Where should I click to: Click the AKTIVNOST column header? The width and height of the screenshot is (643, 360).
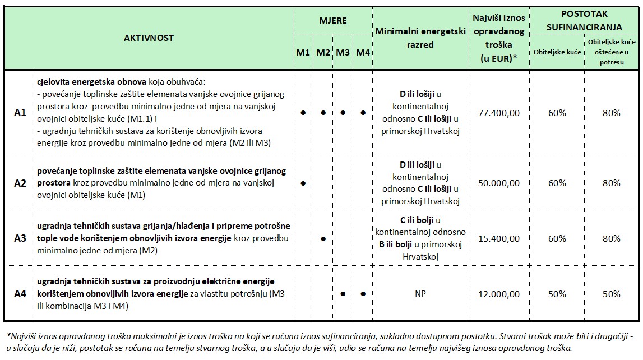[x=149, y=38]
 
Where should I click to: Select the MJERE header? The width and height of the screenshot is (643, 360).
[x=333, y=21]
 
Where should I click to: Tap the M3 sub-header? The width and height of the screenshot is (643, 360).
[x=343, y=53]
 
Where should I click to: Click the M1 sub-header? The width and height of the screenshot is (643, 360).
[x=303, y=53]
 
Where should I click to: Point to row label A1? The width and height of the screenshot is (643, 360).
[x=20, y=113]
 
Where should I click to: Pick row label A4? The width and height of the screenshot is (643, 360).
[x=20, y=294]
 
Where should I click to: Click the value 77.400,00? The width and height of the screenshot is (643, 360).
[x=498, y=113]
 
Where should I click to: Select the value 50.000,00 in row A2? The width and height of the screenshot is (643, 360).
[x=498, y=183]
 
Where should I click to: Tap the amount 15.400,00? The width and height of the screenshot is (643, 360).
[x=498, y=238]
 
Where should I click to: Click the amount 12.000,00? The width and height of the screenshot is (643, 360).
[x=498, y=294]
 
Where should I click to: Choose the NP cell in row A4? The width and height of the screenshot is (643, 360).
[x=420, y=294]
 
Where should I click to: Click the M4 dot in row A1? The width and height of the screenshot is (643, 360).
[x=363, y=113]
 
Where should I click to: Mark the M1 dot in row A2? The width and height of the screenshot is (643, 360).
[x=303, y=183]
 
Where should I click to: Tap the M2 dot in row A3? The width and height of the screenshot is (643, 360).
[x=323, y=238]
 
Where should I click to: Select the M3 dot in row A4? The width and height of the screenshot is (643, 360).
[x=343, y=294]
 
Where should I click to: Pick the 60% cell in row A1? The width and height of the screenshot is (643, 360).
[x=557, y=113]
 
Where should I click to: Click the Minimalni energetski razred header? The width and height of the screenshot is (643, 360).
[x=420, y=38]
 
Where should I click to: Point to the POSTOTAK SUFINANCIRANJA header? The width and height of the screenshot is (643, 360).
[x=584, y=20]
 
